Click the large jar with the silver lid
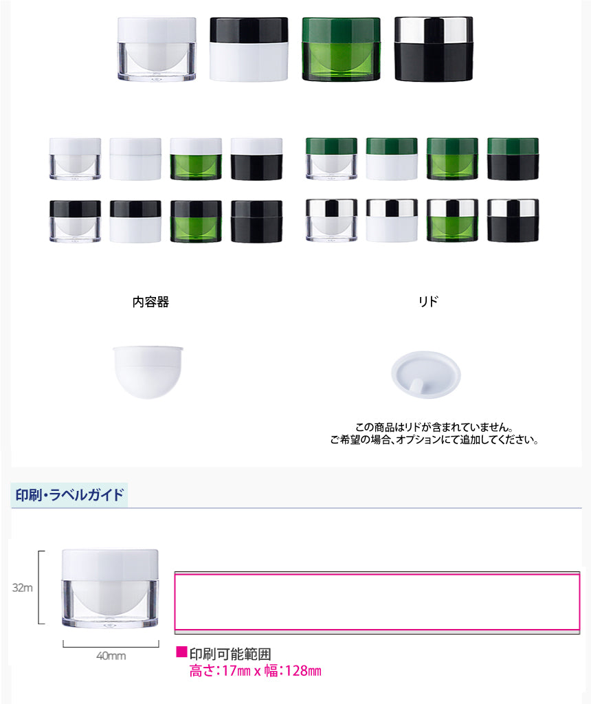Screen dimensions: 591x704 [434, 49]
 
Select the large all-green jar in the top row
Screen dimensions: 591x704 [341, 49]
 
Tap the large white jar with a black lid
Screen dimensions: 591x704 [249, 49]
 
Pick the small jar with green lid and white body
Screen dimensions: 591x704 [392, 159]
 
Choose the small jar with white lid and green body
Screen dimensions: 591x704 [196, 159]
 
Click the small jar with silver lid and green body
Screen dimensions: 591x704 [452, 221]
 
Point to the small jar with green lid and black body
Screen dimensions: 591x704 [513, 159]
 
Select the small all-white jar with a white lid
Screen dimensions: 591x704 [135, 159]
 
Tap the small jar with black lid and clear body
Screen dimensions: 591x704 [75, 221]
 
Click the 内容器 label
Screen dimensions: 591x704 [150, 302]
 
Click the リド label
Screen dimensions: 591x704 [428, 301]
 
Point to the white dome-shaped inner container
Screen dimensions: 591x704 [148, 372]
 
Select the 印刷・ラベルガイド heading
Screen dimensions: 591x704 [69, 495]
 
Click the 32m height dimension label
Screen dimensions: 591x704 [23, 588]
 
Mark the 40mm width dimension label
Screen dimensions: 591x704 [111, 656]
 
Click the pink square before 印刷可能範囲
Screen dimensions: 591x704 [181, 652]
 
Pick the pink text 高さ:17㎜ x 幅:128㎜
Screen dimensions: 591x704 [256, 671]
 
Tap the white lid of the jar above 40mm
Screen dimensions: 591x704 [110, 565]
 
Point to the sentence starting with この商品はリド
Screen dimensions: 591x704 [434, 427]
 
